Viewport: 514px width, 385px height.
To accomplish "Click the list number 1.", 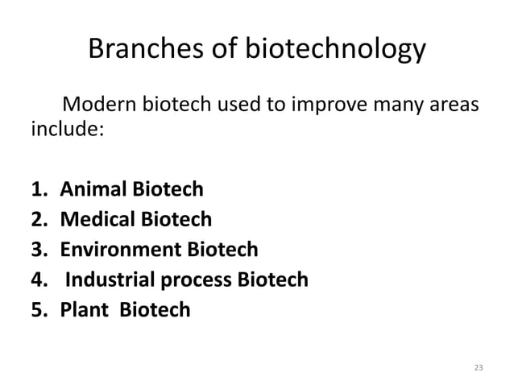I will [36, 190].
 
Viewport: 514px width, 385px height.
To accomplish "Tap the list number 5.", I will [36, 309].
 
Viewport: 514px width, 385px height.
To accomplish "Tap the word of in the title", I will [231, 51].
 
